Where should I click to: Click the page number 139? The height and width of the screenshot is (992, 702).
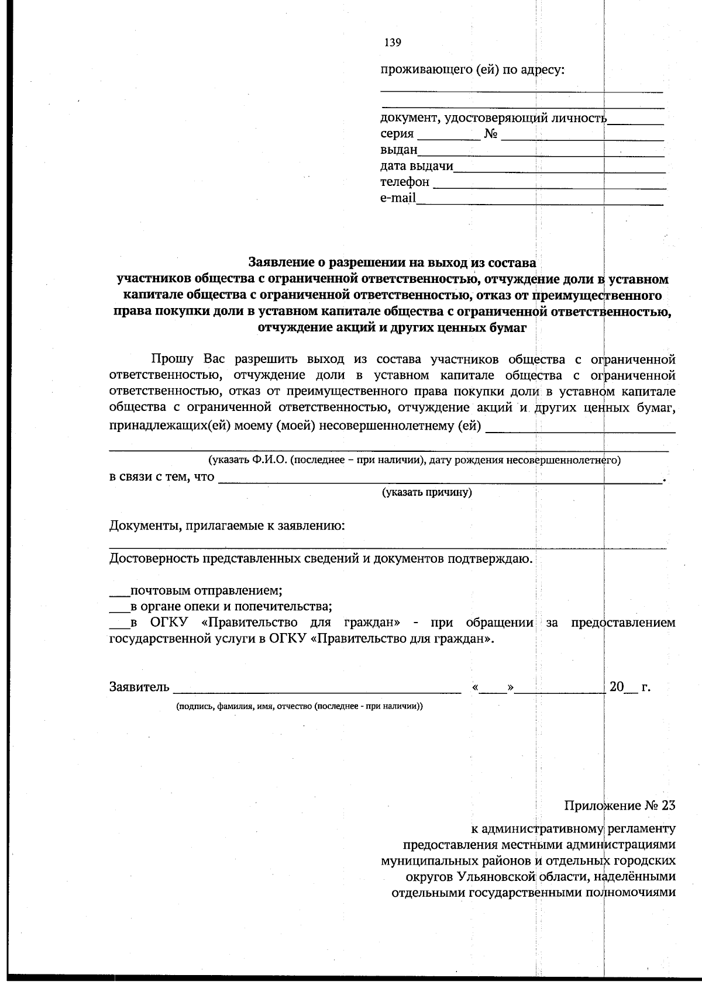[x=393, y=42]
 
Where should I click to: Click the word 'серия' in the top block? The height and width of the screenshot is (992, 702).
[x=397, y=134]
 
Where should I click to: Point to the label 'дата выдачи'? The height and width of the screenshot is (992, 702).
[x=417, y=166]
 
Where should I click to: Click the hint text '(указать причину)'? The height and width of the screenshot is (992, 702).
[x=427, y=492]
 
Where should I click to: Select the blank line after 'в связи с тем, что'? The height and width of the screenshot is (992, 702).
[x=439, y=482]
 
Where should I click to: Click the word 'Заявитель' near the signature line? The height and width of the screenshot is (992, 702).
[x=139, y=687]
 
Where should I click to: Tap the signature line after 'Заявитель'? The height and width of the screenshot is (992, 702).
[x=316, y=692]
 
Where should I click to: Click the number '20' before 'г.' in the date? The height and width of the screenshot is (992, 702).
[x=617, y=686]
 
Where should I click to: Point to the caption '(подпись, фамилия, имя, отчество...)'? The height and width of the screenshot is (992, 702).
[x=300, y=706]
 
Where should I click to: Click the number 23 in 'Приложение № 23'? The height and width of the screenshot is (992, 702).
[x=668, y=806]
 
